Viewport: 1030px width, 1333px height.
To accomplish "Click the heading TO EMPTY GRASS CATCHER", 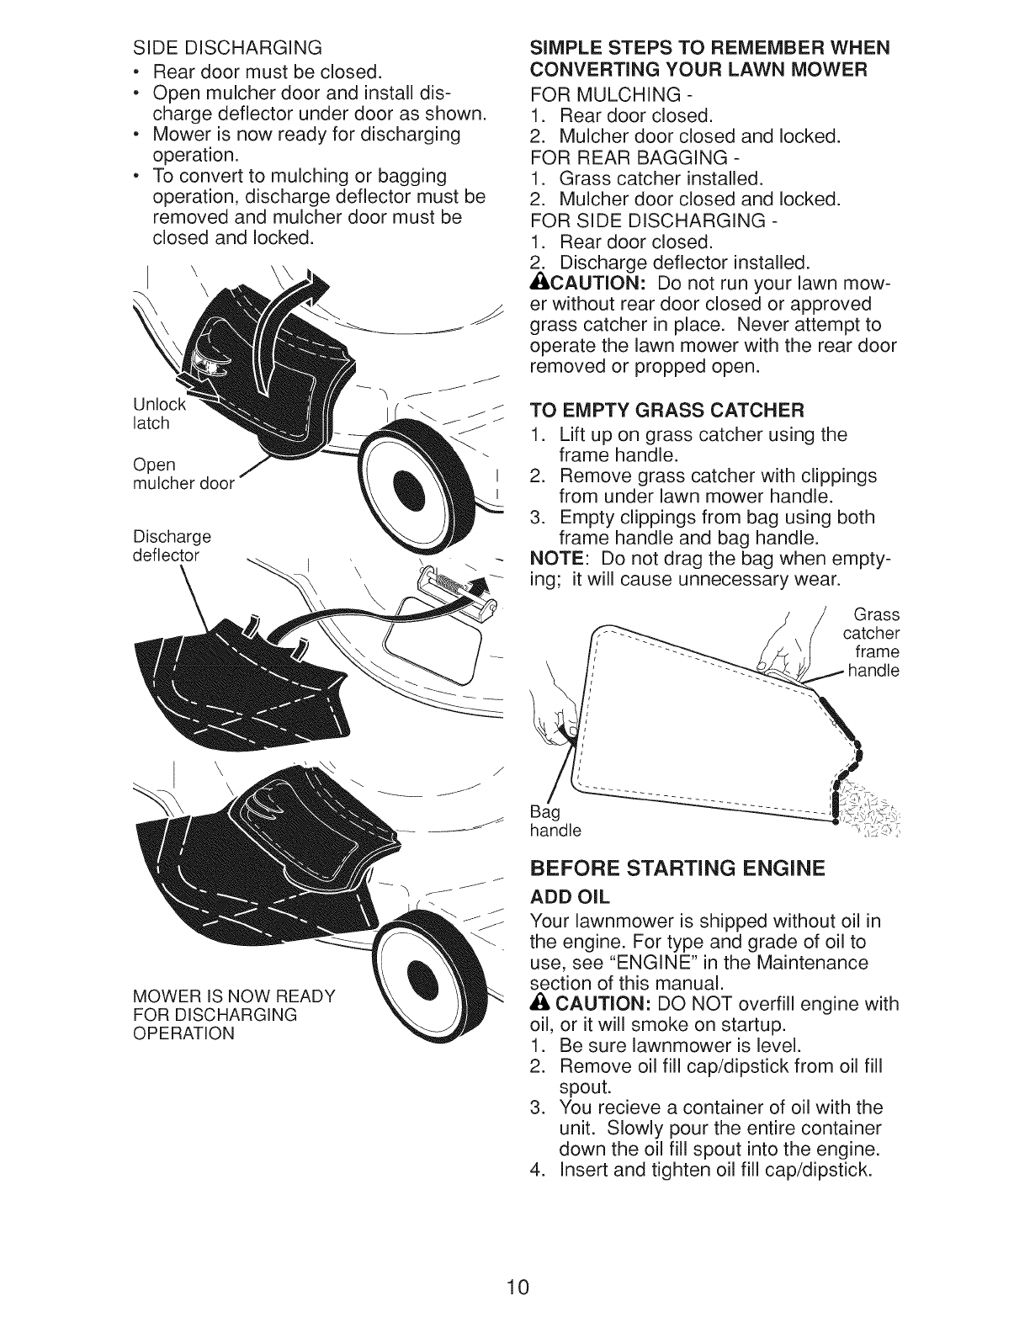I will [666, 411].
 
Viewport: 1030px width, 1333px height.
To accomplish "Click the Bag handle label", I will [555, 822].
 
